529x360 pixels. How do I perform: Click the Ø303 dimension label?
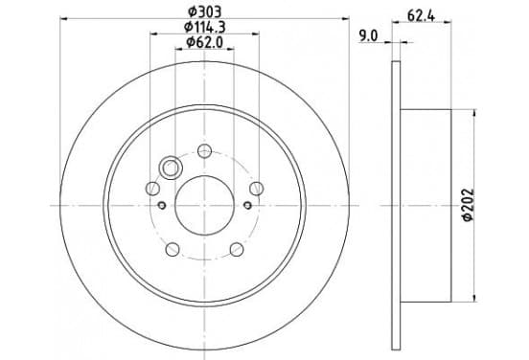(204, 12)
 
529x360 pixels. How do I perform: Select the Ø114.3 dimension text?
(204, 27)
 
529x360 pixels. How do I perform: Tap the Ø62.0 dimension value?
(205, 42)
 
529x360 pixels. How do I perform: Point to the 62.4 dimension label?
(421, 15)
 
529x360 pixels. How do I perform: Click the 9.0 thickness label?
(368, 35)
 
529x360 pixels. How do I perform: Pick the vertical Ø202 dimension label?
(469, 205)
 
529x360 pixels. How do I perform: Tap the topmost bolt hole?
(204, 150)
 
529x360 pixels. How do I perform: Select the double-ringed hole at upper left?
(171, 168)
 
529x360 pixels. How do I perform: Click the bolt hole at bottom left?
(172, 250)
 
